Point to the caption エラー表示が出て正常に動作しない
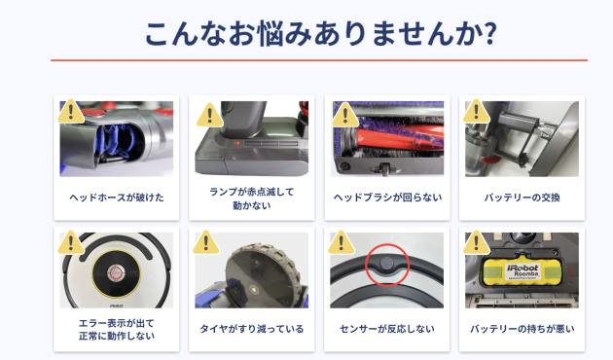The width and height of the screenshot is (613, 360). pyautogui.click(x=117, y=329)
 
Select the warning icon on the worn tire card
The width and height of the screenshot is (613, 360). pyautogui.click(x=205, y=241)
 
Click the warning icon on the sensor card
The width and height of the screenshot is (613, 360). pyautogui.click(x=341, y=241)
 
